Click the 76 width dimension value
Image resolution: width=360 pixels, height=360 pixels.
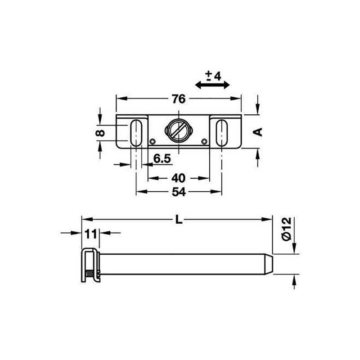(x=179, y=99)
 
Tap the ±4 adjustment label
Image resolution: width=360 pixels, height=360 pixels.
(x=213, y=76)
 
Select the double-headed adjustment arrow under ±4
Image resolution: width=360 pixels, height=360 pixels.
(x=212, y=85)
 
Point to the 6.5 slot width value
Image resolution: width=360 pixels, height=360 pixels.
(x=162, y=158)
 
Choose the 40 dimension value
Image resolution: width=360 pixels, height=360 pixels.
(x=178, y=178)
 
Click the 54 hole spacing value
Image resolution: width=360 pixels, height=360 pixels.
(x=179, y=192)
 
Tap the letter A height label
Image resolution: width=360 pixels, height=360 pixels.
(x=257, y=132)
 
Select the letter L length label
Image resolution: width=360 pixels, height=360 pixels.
(x=179, y=220)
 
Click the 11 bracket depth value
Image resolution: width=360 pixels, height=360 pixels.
(x=91, y=234)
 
